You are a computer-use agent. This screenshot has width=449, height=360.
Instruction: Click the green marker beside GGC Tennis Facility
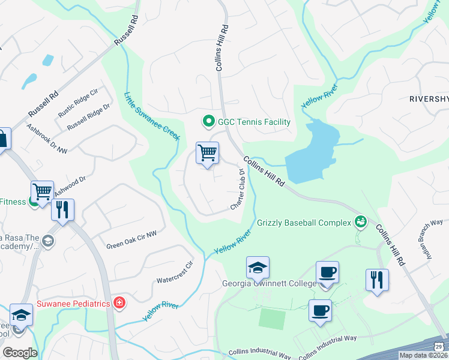(x=209, y=122)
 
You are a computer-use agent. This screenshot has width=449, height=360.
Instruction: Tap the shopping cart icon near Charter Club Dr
(x=207, y=152)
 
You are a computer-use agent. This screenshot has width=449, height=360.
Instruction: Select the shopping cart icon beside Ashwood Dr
(x=42, y=192)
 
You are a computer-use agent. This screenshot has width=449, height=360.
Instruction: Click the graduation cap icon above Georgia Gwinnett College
(x=258, y=267)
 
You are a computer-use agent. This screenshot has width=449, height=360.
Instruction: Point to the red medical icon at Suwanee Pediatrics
(x=119, y=303)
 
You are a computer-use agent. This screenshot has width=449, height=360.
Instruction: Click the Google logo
(x=20, y=353)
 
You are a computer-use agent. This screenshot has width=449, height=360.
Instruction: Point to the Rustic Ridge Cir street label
(x=77, y=104)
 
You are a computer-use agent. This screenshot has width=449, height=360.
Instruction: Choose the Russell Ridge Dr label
(x=88, y=117)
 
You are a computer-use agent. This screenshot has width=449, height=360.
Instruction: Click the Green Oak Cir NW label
(x=131, y=241)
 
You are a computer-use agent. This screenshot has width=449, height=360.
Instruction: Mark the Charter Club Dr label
(x=238, y=190)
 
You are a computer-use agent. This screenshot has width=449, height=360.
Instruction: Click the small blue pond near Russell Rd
(x=46, y=61)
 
